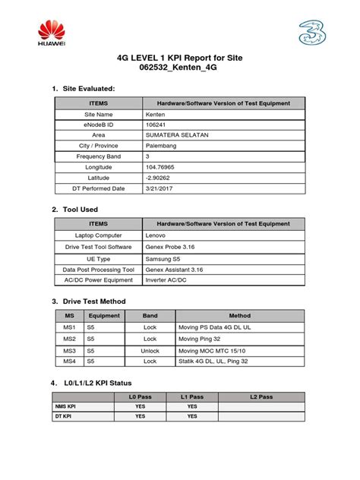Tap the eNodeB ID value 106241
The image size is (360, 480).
[x=156, y=124]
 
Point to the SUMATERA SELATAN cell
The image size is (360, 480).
[x=176, y=134]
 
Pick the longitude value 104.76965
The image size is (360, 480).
[x=161, y=166]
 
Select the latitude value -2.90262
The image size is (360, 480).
[x=158, y=177]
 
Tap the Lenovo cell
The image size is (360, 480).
[x=156, y=235]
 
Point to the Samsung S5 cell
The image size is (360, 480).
[x=163, y=257]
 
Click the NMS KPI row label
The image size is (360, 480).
[x=65, y=406]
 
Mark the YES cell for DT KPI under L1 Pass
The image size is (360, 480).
[x=192, y=416]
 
